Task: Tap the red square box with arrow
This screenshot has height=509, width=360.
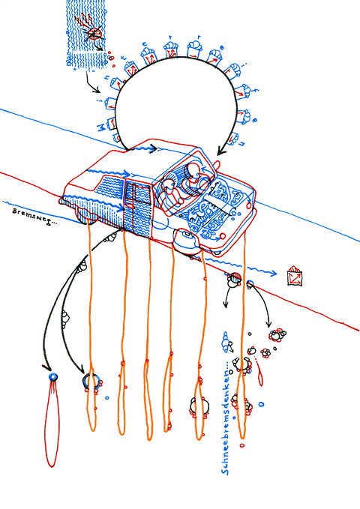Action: pos(295,275)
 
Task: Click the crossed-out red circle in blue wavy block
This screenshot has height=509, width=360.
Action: pos(93,34)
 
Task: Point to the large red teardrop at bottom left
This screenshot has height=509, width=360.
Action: pos(53,424)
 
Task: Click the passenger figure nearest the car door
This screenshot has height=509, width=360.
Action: pos(172,189)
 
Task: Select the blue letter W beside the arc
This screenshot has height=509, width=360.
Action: pos(103,128)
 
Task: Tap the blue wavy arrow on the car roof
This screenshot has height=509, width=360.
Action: pos(142,148)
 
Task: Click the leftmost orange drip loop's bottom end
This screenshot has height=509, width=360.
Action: pos(92,427)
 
